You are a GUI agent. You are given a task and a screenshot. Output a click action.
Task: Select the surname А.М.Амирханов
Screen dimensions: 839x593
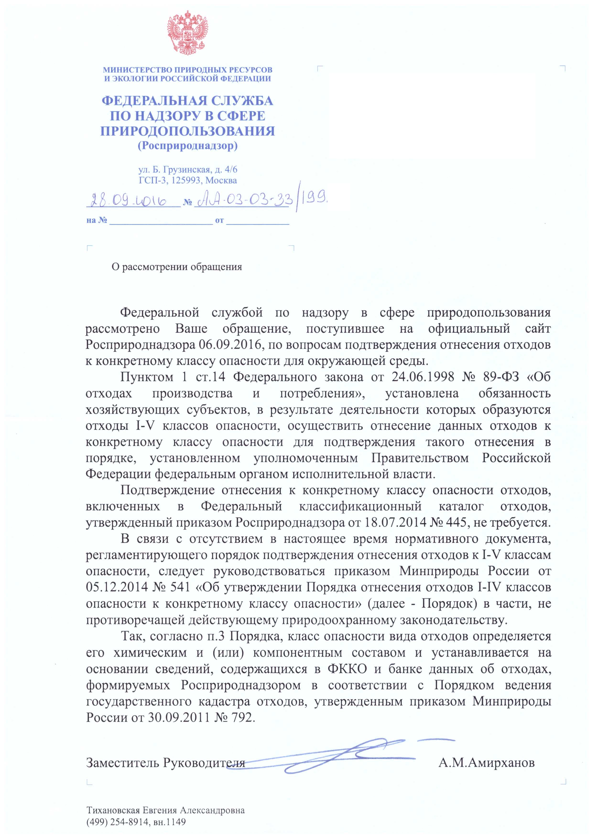pyautogui.click(x=487, y=761)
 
